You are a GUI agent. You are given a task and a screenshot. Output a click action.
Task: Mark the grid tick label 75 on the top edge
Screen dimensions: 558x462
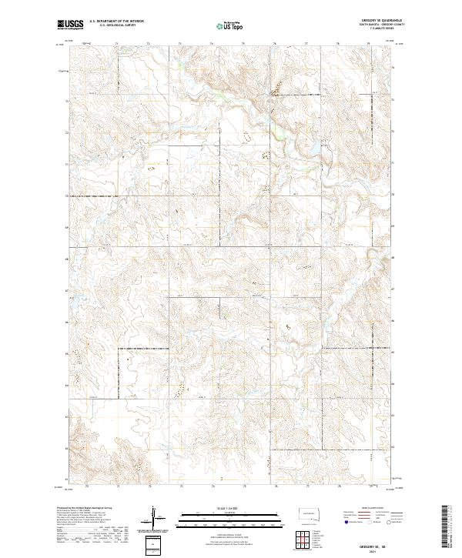point(243,44)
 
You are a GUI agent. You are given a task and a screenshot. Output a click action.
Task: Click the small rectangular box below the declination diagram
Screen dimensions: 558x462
point(153,542)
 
